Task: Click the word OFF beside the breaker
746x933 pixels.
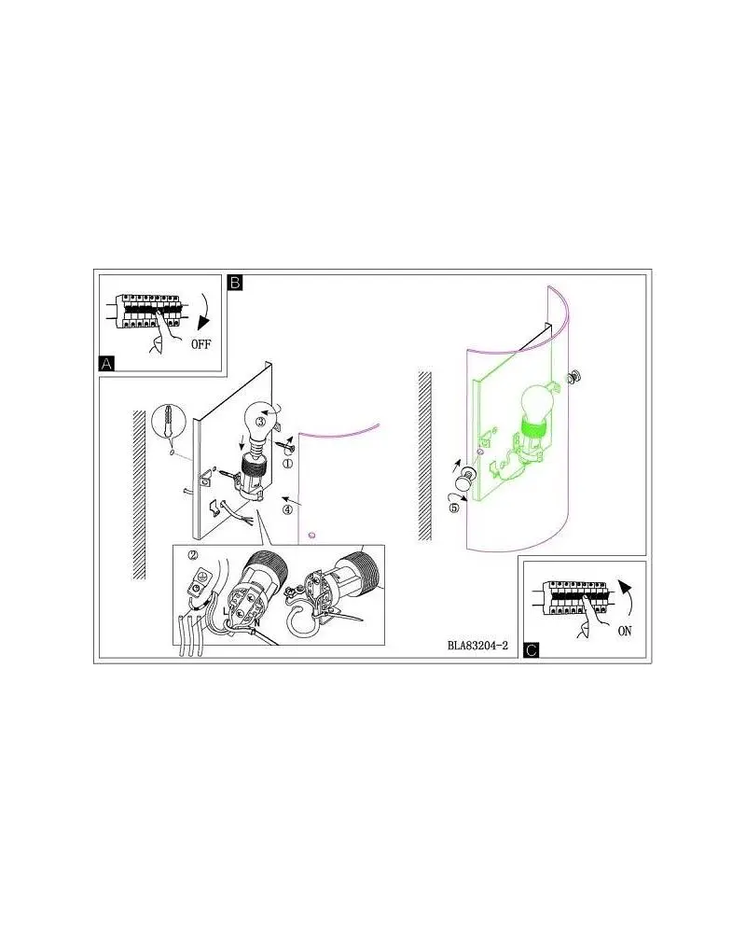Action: coord(201,344)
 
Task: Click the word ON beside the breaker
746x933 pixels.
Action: coord(625,631)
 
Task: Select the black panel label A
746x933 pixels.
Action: coord(106,363)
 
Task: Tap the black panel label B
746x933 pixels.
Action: coord(235,282)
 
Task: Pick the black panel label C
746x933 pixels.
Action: coord(532,649)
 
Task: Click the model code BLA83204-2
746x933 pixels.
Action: coord(477,646)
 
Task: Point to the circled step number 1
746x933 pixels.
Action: coord(287,463)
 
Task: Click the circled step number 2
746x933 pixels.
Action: coord(193,554)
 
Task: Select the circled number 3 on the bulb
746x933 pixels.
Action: coord(260,422)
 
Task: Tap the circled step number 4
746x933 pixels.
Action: coord(287,509)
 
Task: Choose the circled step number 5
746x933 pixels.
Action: coord(454,508)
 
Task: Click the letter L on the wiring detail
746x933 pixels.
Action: coord(226,611)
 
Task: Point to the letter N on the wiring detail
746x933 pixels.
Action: coord(257,622)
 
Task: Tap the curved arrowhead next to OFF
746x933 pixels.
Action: coord(205,323)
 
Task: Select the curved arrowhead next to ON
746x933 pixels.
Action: coord(625,587)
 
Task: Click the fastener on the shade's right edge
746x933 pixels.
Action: coord(574,376)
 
